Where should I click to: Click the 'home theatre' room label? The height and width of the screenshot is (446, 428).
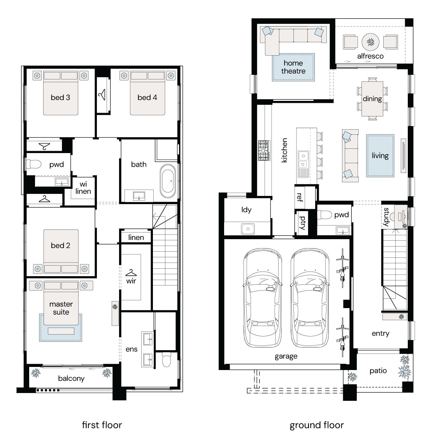coord(293,67)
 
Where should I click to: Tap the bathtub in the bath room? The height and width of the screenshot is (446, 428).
coord(168,181)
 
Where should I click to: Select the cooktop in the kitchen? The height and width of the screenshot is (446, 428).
coord(264,150)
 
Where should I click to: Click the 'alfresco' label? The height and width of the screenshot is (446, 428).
coord(370,56)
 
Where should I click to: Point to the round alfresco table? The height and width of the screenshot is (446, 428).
coord(370,42)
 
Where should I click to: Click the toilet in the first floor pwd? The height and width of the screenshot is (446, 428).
coord(34,164)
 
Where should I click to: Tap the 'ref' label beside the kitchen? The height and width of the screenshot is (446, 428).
coord(300,197)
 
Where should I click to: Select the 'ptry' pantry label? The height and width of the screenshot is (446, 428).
coord(303,223)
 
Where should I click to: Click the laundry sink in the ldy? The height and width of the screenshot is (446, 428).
coord(248,229)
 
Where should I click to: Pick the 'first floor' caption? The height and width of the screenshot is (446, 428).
coord(102,425)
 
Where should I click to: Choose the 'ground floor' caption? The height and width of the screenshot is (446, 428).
coord(317,425)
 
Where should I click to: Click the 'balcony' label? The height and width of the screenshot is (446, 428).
coord(71,379)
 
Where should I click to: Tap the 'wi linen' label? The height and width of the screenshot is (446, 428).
coord(83,188)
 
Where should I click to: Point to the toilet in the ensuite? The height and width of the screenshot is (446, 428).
coord(166,360)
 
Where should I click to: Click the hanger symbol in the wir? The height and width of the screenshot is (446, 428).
coord(131,273)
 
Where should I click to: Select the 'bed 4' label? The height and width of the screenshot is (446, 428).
coord(147,97)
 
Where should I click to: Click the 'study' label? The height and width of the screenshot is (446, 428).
coord(386,217)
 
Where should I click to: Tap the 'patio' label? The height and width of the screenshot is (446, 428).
coord(378,370)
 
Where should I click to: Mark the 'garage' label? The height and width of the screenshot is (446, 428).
coord(286,356)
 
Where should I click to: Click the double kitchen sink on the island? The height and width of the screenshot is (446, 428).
coord(303,160)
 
